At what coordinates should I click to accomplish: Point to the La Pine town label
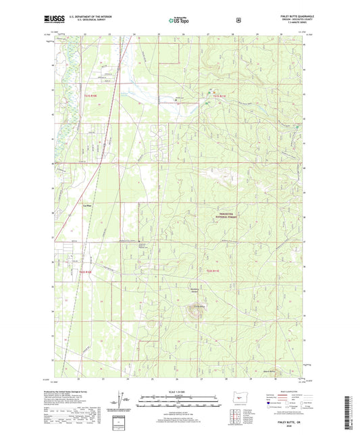point(86,205)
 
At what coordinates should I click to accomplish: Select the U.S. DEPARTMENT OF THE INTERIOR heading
point(90,17)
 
